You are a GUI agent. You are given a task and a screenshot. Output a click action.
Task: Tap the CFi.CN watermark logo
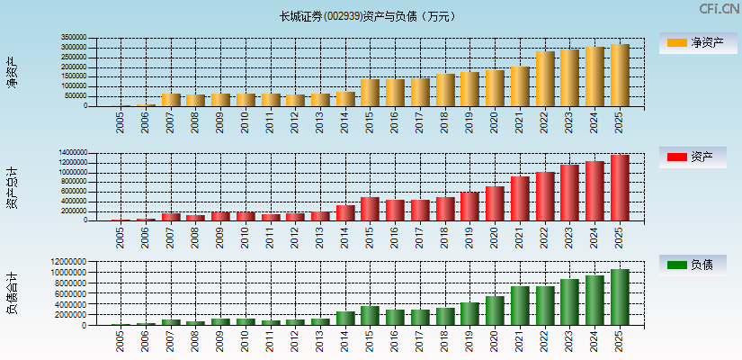(718, 9)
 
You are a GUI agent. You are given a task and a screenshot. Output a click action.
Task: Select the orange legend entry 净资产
(696, 42)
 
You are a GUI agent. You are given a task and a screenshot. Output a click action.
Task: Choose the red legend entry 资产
(696, 157)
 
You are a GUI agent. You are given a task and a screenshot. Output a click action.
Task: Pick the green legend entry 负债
(696, 265)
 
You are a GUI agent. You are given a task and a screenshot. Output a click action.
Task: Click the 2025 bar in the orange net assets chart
(620, 76)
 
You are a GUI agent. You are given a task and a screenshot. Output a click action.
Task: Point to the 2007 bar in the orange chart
(171, 100)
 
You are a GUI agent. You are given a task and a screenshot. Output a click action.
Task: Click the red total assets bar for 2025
(620, 187)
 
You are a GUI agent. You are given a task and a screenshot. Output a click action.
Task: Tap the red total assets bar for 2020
(495, 203)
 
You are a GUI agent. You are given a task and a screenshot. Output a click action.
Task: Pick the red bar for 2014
(345, 212)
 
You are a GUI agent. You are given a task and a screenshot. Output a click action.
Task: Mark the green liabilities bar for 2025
(620, 297)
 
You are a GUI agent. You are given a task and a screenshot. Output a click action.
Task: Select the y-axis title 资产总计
(13, 187)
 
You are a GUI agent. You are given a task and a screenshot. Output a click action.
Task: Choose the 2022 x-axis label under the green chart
(545, 340)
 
